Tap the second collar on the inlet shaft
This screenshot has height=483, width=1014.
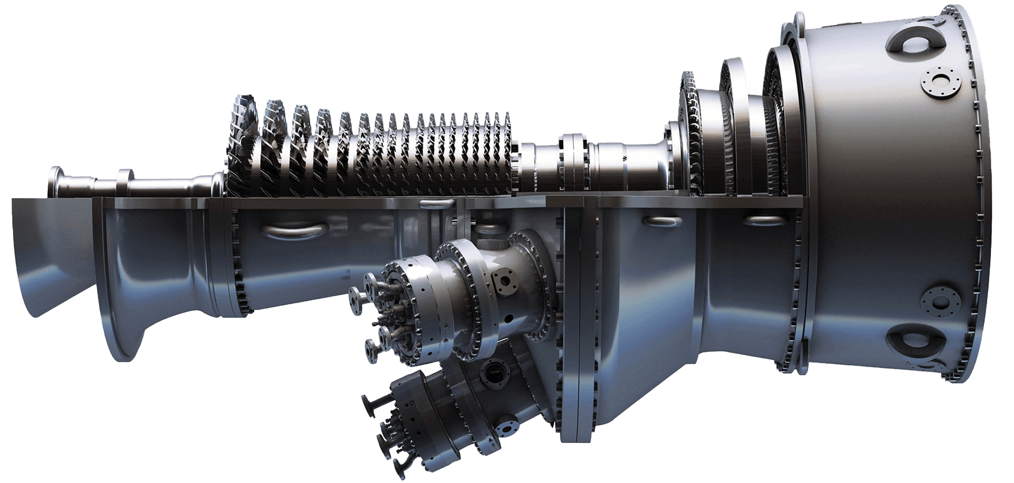pos(125,183)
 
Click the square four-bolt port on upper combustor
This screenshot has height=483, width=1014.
pos(502,278)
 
